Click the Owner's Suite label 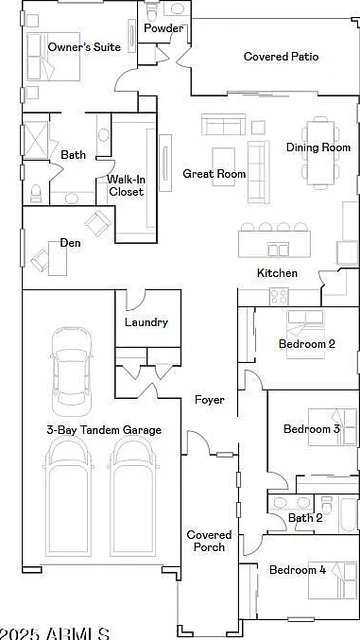point(84,47)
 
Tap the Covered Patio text point(282,57)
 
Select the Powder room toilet point(152,12)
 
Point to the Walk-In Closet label point(126,185)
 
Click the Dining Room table point(320,153)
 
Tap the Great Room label point(214,174)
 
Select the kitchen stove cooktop point(279,297)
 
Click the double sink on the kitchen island point(279,249)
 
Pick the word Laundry point(146,322)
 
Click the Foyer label point(210,400)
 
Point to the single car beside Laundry point(72,371)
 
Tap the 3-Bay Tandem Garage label point(104,430)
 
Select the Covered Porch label point(209,541)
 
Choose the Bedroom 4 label point(298,570)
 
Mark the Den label point(71,243)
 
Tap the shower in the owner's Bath point(36,141)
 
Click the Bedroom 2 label point(307,344)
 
